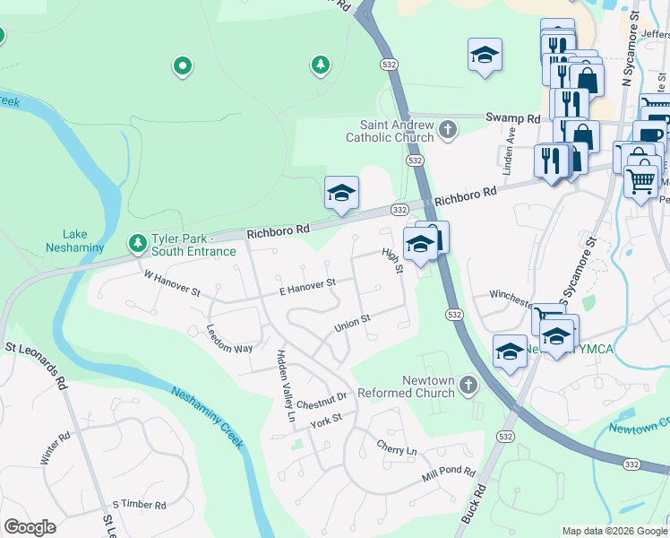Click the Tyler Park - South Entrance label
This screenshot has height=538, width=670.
point(193,244)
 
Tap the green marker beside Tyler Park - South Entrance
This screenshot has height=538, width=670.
point(137,243)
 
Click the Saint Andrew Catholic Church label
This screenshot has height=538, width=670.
point(397,131)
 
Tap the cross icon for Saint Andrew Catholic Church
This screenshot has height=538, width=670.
point(449,132)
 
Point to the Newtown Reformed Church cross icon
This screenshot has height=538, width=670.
point(466,386)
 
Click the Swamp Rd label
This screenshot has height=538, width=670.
point(513,118)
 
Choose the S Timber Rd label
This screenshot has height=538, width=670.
point(133,505)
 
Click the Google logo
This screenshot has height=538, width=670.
point(30,526)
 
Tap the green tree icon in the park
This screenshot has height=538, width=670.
point(320,64)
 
